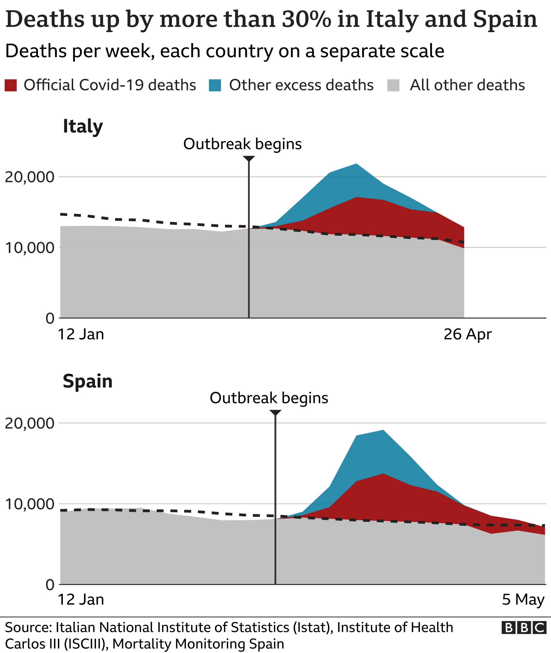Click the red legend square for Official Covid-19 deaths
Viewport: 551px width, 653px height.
11,85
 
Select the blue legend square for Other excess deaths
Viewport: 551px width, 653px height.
215,85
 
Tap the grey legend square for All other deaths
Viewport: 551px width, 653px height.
393,85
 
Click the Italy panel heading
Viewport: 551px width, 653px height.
83,126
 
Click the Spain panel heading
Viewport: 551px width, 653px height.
88,381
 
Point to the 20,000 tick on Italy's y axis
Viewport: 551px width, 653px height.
30,177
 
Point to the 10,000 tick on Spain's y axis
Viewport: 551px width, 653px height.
30,504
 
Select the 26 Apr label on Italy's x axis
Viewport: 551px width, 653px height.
467,334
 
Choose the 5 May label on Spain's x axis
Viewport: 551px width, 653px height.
523,599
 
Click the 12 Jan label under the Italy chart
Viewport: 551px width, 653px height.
81,334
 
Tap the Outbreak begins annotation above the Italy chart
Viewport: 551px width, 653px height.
242,144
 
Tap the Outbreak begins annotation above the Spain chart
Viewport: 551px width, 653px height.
269,398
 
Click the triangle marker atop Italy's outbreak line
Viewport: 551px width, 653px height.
249,159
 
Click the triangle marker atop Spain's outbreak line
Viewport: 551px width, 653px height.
275,413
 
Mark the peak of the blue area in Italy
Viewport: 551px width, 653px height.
356,164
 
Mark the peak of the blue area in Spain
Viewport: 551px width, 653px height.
383,430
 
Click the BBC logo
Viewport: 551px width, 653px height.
524,627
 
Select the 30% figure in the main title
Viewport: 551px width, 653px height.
306,19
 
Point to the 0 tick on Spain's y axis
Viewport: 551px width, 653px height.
50,585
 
